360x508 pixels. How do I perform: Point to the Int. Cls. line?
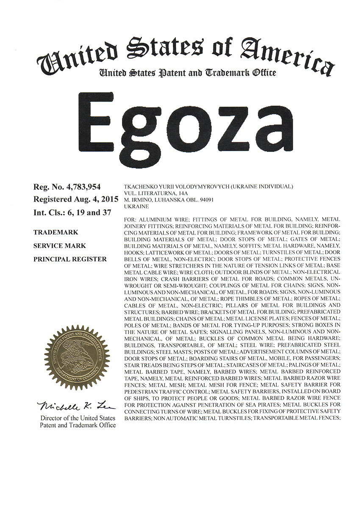pos(72,213)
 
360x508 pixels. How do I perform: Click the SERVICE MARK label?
pos(59,246)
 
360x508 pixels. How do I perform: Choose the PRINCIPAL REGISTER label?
pos(69,259)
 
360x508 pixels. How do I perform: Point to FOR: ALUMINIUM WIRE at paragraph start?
pos(160,220)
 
